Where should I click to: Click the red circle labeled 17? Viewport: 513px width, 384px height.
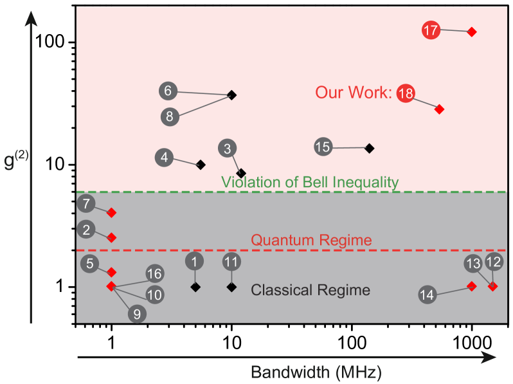point(431,30)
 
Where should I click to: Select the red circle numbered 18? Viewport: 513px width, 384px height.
point(406,94)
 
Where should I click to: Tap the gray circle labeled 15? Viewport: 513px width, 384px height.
point(323,147)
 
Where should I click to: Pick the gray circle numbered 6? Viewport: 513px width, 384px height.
point(168,91)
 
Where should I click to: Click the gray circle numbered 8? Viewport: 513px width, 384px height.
point(170,116)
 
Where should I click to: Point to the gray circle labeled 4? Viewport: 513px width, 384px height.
point(165,157)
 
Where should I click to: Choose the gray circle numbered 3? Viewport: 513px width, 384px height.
point(228,149)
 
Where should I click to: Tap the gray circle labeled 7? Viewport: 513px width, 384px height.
point(86,205)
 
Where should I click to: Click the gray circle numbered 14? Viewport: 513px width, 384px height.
point(427,295)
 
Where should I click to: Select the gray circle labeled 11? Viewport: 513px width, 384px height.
point(231,262)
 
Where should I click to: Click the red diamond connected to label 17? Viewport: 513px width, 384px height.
point(471,32)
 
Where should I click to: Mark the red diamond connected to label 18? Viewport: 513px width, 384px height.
point(439,109)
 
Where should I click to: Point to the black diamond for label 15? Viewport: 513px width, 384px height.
point(369,148)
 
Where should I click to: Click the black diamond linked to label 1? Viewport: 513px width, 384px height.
point(195,287)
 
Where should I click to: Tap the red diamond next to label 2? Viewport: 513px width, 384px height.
point(111,237)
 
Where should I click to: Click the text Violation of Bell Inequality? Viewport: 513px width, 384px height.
point(310,183)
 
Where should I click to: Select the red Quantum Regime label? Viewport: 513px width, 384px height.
point(311,241)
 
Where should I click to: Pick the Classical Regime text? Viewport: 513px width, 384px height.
point(310,290)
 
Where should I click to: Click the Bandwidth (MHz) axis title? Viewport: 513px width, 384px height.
point(316,372)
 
